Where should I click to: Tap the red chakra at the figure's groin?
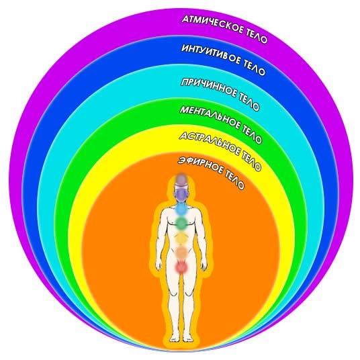pyautogui.click(x=181, y=267)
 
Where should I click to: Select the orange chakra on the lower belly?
pyautogui.click(x=181, y=253)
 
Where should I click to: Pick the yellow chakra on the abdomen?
pyautogui.click(x=181, y=238)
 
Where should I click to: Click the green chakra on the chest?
pyautogui.click(x=181, y=222)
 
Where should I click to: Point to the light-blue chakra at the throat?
pyautogui.click(x=181, y=208)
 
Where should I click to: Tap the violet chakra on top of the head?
pyautogui.click(x=181, y=179)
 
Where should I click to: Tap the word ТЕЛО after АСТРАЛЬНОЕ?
pyautogui.click(x=251, y=161)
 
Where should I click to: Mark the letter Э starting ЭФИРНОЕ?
pyautogui.click(x=181, y=161)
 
